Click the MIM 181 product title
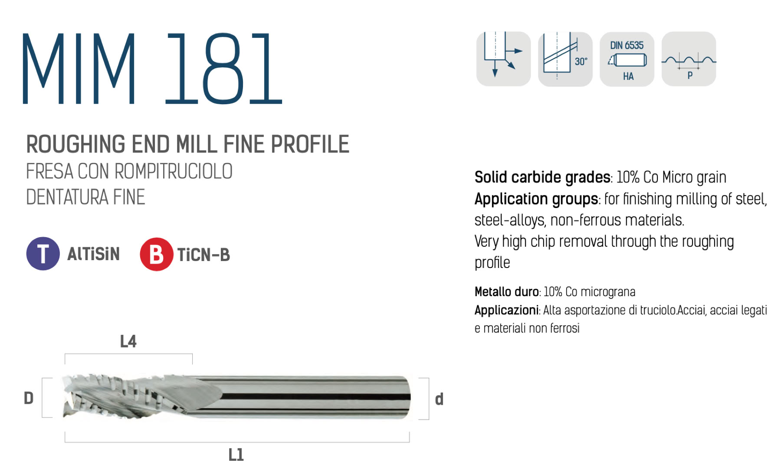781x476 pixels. pos(152,69)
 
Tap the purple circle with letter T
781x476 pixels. pos(43,254)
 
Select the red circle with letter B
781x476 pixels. pos(156,254)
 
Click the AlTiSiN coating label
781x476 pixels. pos(93,254)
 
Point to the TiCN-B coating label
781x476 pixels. pos(203,255)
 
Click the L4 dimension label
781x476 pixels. pos(128,341)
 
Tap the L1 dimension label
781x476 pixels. pos(236,455)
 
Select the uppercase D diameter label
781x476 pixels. pos(29,398)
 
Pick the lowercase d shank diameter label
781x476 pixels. pos(439,399)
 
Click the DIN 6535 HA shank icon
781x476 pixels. pos(627,59)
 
